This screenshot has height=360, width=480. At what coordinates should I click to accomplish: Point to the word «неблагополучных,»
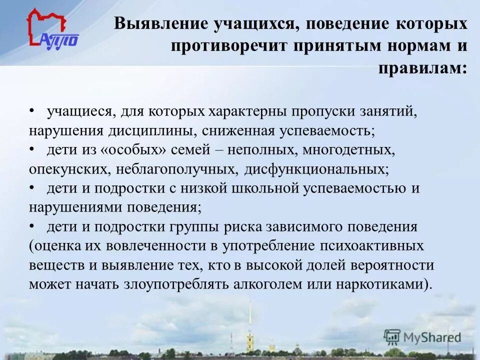[x=177, y=169]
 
